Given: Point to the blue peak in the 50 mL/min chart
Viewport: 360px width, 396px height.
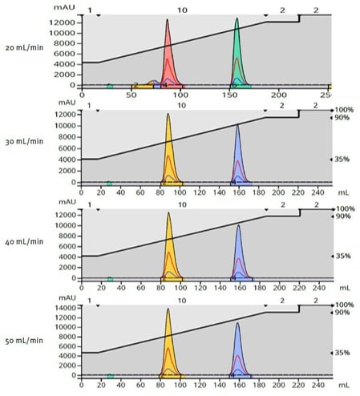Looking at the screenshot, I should (238, 353).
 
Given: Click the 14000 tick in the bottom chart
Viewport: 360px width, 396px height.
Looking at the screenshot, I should (65, 308).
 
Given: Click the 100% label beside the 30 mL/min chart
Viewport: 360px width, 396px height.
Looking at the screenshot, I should (344, 110).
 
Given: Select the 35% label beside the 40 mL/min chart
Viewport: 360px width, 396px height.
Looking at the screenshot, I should (342, 256).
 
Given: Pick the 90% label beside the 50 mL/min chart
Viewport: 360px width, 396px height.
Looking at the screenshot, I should (342, 313).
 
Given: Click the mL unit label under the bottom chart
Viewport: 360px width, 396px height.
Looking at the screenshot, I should (343, 383).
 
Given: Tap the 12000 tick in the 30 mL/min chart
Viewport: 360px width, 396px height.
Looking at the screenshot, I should (65, 114).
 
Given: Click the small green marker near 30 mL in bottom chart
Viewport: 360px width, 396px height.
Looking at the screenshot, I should (110, 376).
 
